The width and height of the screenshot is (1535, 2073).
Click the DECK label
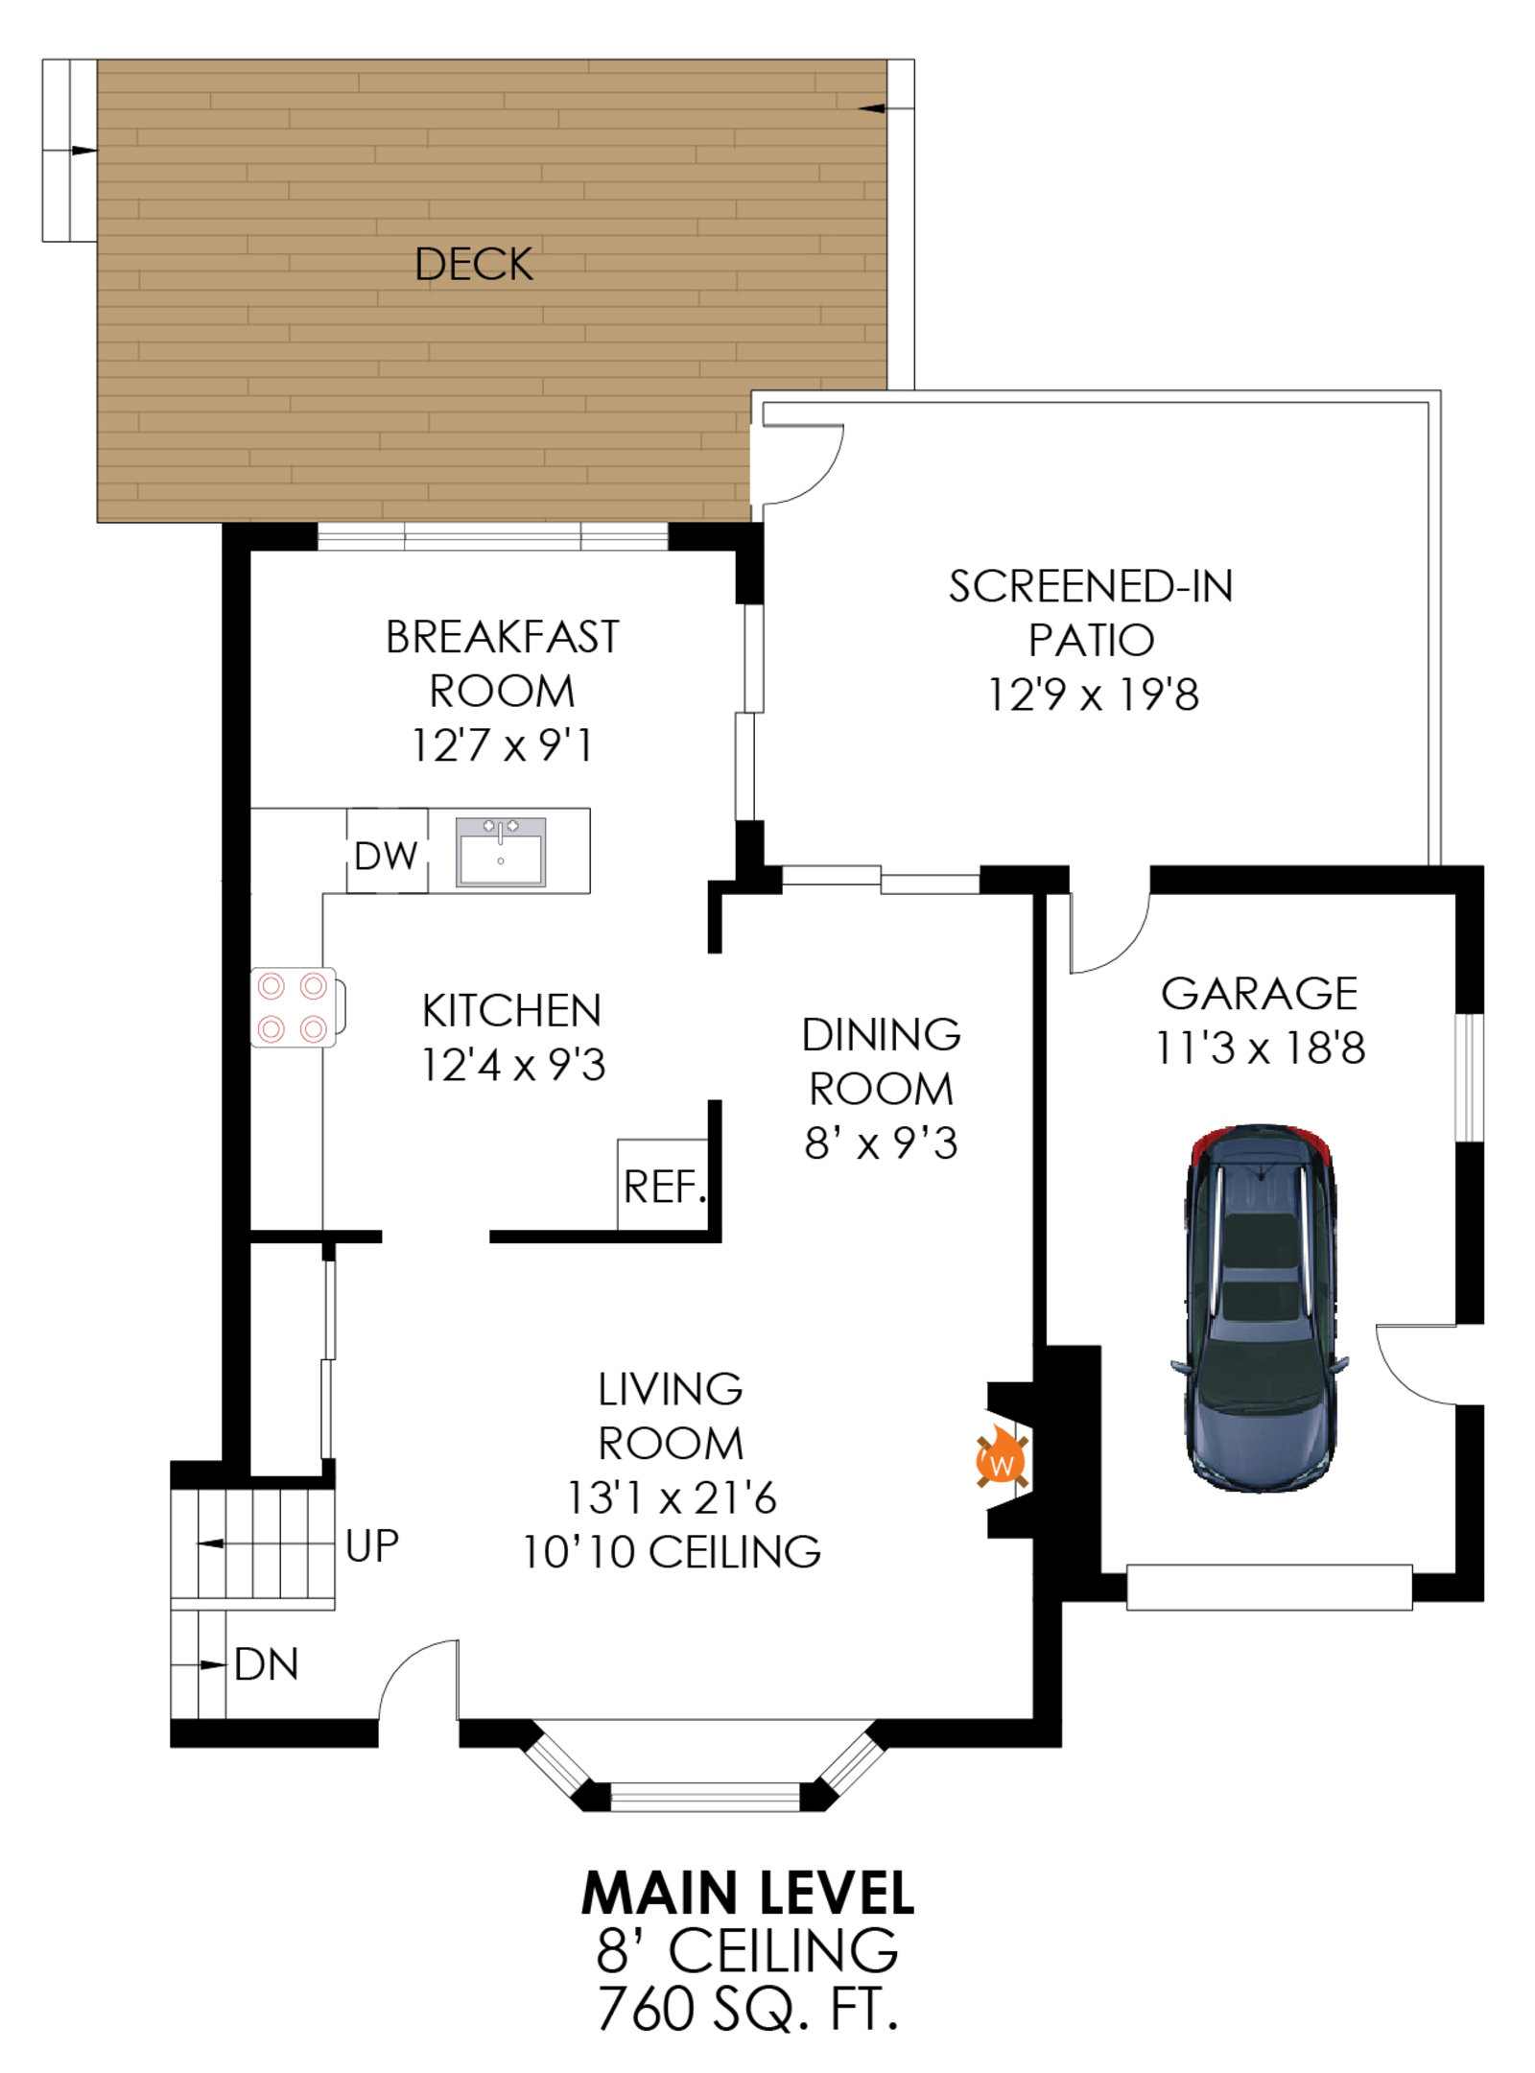tap(473, 264)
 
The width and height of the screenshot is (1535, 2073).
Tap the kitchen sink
tap(500, 851)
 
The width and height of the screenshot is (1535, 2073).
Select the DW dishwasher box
tap(387, 851)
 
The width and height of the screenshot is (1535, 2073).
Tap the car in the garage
tap(1259, 1307)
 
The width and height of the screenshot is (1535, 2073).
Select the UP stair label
tap(372, 1545)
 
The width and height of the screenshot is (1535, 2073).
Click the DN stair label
tap(267, 1665)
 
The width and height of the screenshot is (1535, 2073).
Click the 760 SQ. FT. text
tap(747, 2010)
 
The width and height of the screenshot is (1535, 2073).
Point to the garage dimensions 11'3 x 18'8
tap(1260, 1048)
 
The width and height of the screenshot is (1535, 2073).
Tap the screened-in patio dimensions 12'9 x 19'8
tap(1093, 695)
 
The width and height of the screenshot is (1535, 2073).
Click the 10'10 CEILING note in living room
tap(671, 1552)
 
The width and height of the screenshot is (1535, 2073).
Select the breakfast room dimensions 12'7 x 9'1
tap(502, 745)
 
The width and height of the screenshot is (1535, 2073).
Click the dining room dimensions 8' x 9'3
tap(881, 1143)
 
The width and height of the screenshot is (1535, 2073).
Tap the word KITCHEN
tap(511, 1011)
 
